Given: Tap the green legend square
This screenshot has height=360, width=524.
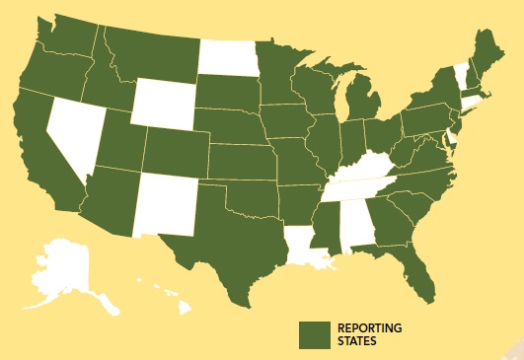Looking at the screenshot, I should pyautogui.click(x=314, y=334).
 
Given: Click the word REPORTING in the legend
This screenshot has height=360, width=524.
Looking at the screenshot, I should pyautogui.click(x=370, y=327).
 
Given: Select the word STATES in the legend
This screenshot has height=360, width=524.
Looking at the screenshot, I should pyautogui.click(x=356, y=341).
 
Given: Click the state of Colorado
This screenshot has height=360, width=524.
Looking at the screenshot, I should pyautogui.click(x=177, y=149).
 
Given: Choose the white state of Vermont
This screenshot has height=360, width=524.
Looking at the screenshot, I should pyautogui.click(x=459, y=74).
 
